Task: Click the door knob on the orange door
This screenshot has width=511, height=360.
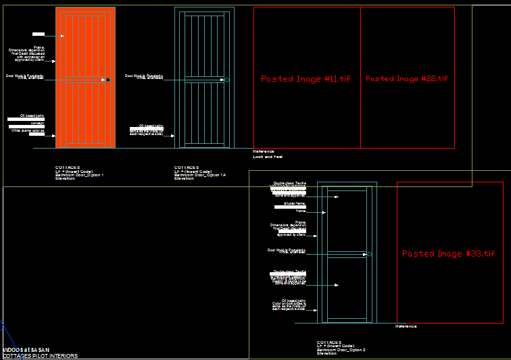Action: point(107,80)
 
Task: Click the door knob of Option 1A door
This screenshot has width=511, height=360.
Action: point(226,80)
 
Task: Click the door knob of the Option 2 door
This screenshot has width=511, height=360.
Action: point(369,254)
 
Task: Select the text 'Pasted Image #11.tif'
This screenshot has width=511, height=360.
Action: point(306,79)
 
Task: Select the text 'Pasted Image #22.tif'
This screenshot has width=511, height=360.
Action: point(406,79)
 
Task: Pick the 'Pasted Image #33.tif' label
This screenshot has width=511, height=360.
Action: point(448,254)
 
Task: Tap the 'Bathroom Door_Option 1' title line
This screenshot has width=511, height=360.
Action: point(80,175)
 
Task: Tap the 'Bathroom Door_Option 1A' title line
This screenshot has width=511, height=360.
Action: point(200,175)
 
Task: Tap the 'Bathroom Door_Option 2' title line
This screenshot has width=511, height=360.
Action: point(341,349)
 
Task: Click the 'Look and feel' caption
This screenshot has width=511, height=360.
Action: point(268,157)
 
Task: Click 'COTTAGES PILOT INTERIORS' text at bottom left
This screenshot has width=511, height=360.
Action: point(40,356)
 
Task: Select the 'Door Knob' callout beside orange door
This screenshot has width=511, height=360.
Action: point(25,76)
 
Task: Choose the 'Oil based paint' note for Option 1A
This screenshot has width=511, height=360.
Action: point(151,126)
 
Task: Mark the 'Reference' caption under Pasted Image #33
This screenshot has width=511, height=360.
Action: point(406,326)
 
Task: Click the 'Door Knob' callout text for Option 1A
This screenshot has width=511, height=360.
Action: point(144,76)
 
